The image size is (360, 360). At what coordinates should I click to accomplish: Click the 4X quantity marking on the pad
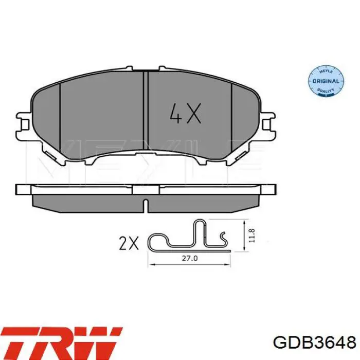(185, 115)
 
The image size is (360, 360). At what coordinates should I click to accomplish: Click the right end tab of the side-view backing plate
(269, 189)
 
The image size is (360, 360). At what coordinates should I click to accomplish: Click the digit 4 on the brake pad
(175, 115)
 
